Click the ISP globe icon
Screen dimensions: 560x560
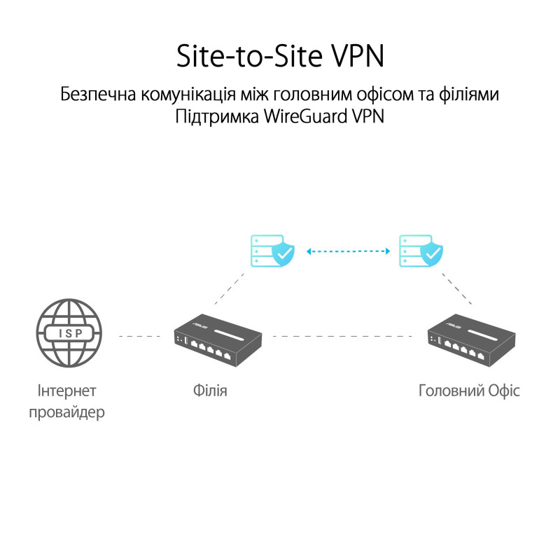[x=68, y=335]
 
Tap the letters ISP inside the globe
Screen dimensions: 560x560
[x=68, y=335]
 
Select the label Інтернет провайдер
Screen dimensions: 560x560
[x=67, y=401]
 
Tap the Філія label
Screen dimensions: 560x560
[x=210, y=390]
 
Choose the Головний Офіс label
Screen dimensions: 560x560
[x=469, y=390]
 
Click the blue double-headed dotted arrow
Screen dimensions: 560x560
[x=348, y=250]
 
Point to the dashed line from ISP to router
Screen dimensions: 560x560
[x=139, y=337]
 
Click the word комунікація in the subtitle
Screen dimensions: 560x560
[x=190, y=94]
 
